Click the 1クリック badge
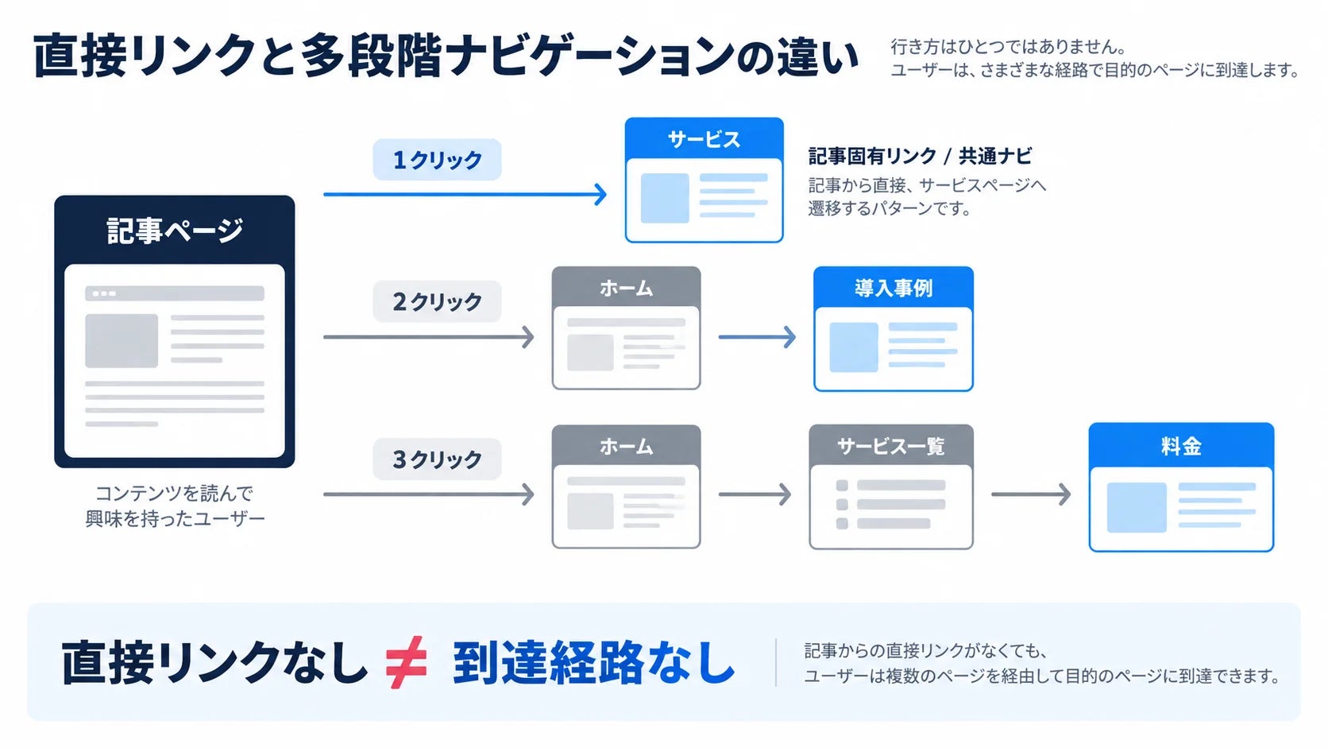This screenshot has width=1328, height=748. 437,160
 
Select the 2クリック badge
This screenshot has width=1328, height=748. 437,301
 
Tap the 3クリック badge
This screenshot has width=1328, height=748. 437,459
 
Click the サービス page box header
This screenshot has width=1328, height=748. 705,139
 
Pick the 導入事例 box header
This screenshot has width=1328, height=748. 894,288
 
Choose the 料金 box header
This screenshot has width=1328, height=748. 1181,445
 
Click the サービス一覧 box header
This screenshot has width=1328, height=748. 891,445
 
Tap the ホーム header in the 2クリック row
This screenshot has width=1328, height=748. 626,287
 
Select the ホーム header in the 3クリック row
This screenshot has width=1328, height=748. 626,445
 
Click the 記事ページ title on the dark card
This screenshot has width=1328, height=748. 175,231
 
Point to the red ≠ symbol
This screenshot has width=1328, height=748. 406,662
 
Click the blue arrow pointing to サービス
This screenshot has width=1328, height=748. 465,194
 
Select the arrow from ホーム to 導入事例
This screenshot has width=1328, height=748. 757,337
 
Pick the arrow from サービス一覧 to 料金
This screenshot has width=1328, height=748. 1031,494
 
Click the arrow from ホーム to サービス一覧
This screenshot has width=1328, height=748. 755,494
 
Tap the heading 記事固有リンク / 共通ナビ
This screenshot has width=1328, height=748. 920,156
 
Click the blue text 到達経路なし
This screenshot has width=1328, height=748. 594,663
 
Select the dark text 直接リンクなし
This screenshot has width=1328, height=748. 214,663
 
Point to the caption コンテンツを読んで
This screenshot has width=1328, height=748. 174,493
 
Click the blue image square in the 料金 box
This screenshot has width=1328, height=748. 1137,507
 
